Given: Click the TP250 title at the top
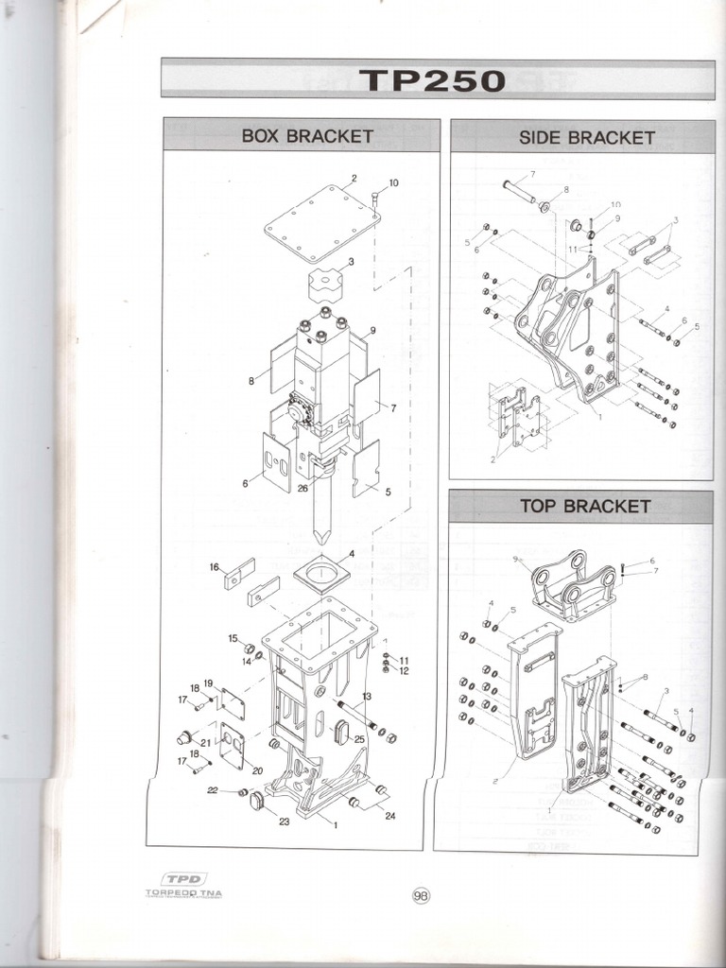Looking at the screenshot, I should (433, 79).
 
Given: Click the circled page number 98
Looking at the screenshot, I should (421, 896).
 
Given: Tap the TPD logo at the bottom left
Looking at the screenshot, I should (184, 879).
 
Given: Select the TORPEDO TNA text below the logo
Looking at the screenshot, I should (184, 893).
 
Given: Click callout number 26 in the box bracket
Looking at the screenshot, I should (302, 489).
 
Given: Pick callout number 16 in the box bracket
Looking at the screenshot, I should (215, 567).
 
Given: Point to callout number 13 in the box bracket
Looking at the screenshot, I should (366, 696).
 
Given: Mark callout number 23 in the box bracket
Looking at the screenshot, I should (284, 821).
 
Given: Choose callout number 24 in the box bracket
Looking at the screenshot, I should (390, 816).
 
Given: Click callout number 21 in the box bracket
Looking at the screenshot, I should (205, 743).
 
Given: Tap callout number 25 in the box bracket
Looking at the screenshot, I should (359, 739).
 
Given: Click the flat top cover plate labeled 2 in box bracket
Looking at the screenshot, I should (322, 223).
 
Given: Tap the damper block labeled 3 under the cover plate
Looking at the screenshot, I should (326, 282).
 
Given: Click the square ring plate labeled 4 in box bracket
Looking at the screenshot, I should (321, 573).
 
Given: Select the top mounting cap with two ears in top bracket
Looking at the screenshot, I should (573, 579).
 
